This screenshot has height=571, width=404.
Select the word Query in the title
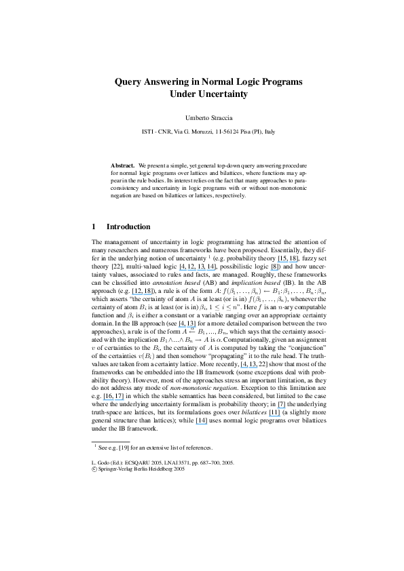[130, 81]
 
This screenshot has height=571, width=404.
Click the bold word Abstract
[122, 165]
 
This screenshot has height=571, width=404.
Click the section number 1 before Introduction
[93, 226]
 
